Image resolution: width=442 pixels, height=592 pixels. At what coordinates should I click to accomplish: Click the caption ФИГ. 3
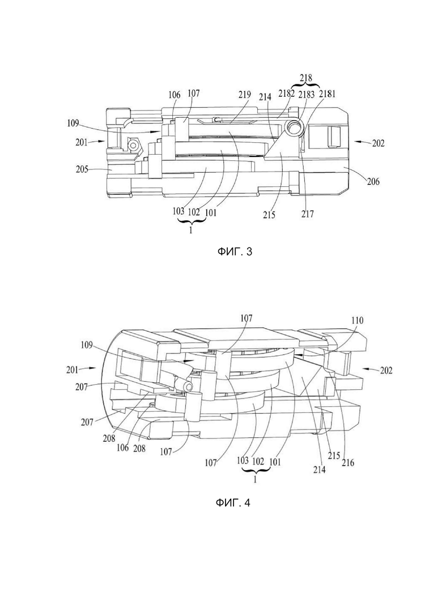click(234, 252)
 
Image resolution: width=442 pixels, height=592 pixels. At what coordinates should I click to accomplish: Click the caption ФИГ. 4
click(233, 502)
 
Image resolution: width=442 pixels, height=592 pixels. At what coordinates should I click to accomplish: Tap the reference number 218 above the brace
click(306, 78)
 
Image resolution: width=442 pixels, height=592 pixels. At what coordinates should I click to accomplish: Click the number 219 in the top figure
click(244, 95)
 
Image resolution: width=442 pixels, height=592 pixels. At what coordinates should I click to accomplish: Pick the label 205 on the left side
click(81, 169)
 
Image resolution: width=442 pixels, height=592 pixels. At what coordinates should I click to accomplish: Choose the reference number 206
click(372, 182)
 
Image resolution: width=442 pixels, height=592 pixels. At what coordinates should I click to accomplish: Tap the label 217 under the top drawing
click(308, 214)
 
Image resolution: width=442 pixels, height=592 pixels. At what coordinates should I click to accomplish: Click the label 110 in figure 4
click(357, 321)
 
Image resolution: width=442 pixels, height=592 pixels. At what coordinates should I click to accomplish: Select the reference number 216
click(348, 462)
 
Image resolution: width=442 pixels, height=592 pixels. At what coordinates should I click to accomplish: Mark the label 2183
click(306, 93)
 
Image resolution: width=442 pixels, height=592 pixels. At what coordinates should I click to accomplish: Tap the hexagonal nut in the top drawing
click(133, 144)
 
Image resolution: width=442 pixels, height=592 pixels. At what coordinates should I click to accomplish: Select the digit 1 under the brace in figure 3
click(191, 231)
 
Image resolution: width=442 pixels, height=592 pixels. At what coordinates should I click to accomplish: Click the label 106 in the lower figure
click(122, 448)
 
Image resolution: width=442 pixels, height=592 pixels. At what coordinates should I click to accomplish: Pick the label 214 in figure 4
click(320, 469)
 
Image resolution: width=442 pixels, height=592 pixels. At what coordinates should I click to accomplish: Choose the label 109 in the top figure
click(73, 123)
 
